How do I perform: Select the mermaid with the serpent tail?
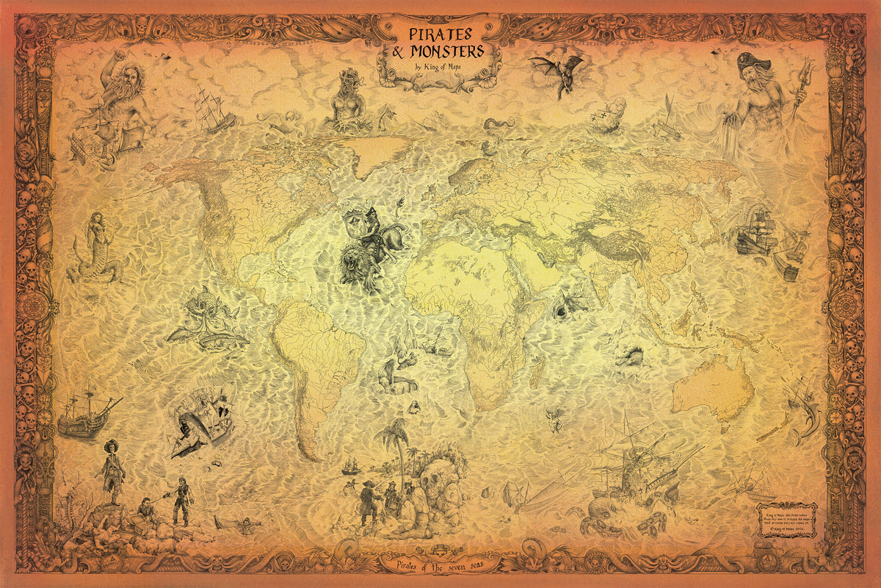[93, 246]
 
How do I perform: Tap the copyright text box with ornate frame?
[786, 520]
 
